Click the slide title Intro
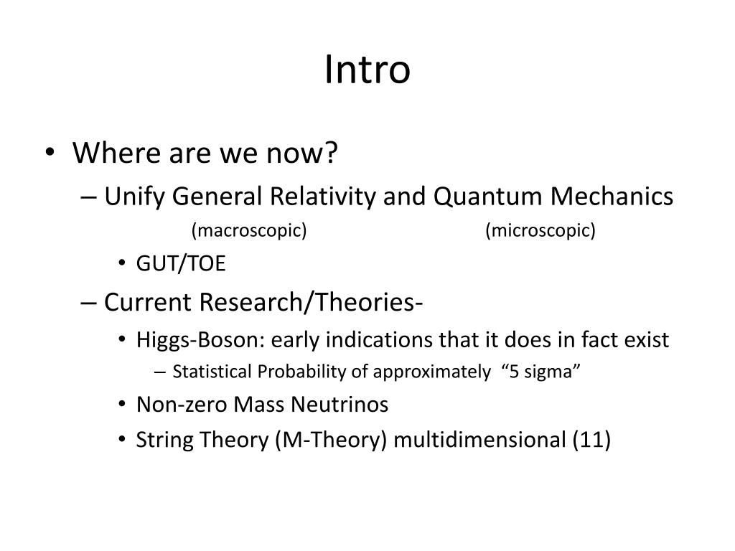click(x=367, y=70)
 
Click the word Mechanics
click(x=615, y=196)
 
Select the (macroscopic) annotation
click(x=249, y=230)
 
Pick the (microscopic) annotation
click(x=540, y=230)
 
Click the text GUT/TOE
click(x=180, y=265)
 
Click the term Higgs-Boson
click(x=179, y=339)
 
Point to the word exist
click(x=645, y=339)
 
